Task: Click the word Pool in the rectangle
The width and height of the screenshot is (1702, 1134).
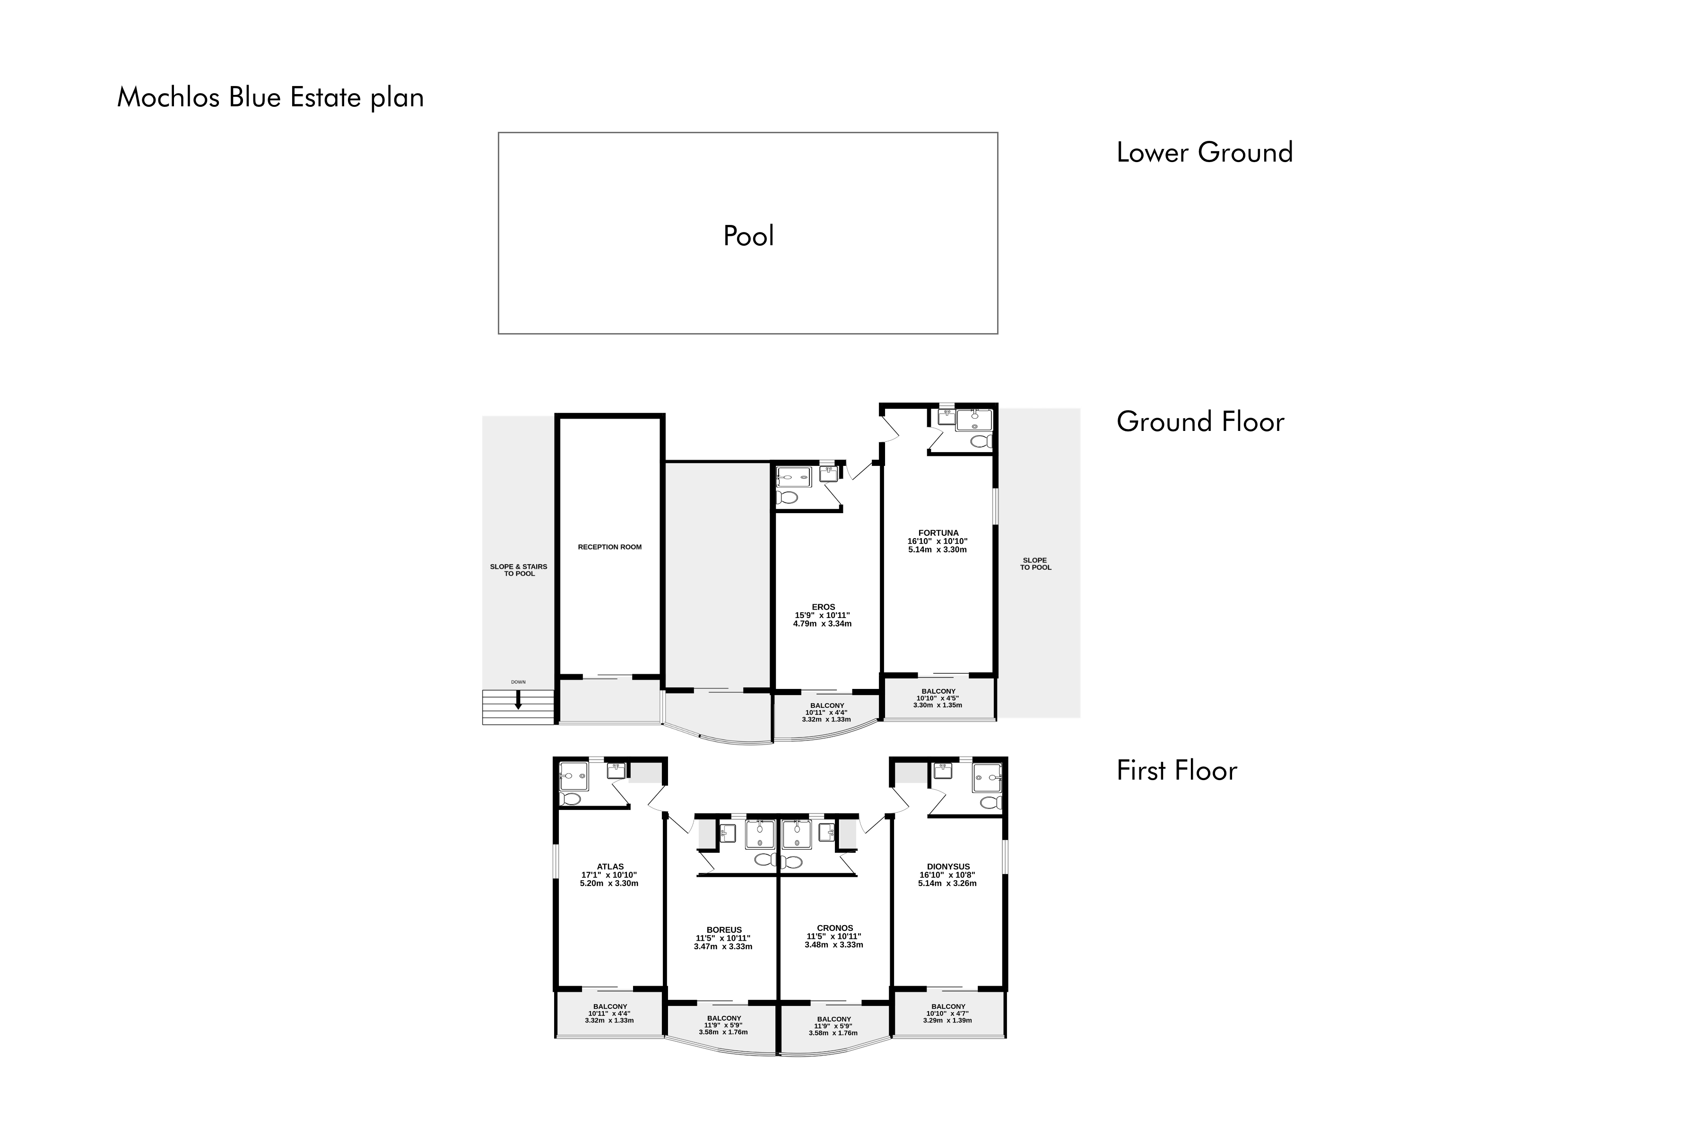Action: [748, 236]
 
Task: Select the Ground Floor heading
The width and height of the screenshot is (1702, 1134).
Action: [1200, 421]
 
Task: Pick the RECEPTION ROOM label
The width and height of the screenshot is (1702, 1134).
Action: [610, 547]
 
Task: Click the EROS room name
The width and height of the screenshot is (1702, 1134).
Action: [824, 607]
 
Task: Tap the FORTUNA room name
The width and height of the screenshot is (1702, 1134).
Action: [938, 533]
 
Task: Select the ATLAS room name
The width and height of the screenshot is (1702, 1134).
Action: [610, 867]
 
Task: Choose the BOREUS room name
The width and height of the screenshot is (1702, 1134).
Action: [724, 930]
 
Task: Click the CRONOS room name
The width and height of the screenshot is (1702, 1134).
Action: [835, 928]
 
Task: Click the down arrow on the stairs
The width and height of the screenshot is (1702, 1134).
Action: [518, 699]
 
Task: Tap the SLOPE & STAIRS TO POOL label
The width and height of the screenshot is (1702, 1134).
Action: [519, 570]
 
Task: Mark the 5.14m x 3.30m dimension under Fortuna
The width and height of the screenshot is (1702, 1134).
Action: [938, 550]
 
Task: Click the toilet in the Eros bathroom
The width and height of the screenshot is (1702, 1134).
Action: [787, 498]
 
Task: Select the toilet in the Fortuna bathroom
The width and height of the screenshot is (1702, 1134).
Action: [981, 441]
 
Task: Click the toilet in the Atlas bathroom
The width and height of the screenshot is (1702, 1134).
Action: [570, 799]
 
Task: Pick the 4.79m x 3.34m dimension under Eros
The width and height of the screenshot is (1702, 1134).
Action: [822, 623]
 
